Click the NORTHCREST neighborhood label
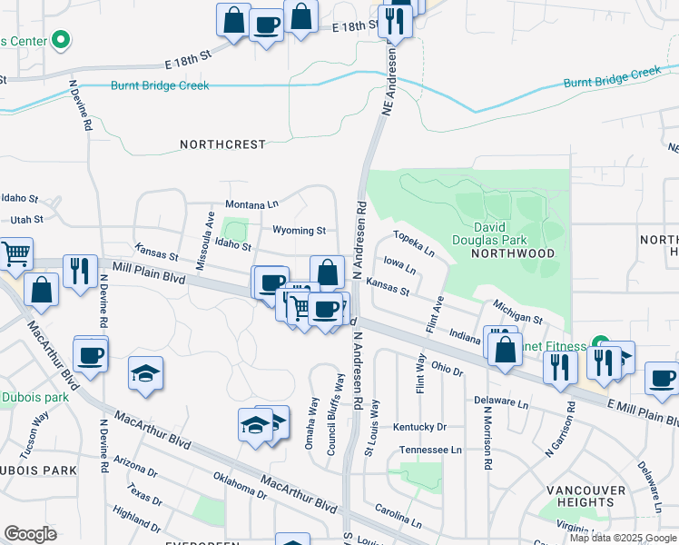click(x=222, y=144)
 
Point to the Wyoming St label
click(x=299, y=231)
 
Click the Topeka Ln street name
click(x=413, y=243)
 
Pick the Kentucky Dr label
click(x=420, y=427)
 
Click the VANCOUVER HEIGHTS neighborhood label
click(x=586, y=496)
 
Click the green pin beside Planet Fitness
click(x=599, y=343)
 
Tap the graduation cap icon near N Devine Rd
click(x=145, y=373)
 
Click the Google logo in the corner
click(x=30, y=534)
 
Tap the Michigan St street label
click(x=518, y=313)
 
